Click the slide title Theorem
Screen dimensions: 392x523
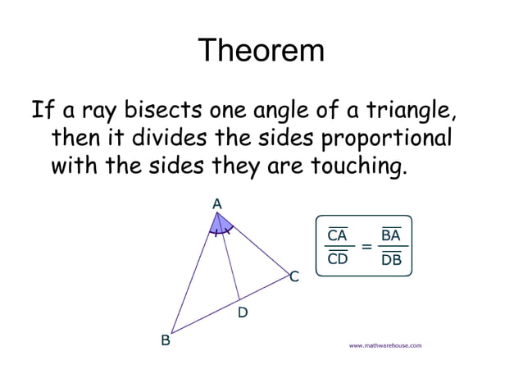tap(261, 51)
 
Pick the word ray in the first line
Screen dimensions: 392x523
tap(92, 109)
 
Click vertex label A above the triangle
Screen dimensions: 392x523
tap(216, 203)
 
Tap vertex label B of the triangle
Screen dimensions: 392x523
tap(165, 340)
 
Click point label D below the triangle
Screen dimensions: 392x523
tap(243, 312)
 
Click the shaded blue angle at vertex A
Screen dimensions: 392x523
tap(220, 224)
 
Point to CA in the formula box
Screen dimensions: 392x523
tap(337, 236)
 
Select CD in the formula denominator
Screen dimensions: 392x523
tap(337, 259)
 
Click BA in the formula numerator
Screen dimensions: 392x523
tap(391, 236)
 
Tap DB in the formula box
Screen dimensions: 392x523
tap(391, 260)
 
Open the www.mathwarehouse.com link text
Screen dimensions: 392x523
tap(385, 345)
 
